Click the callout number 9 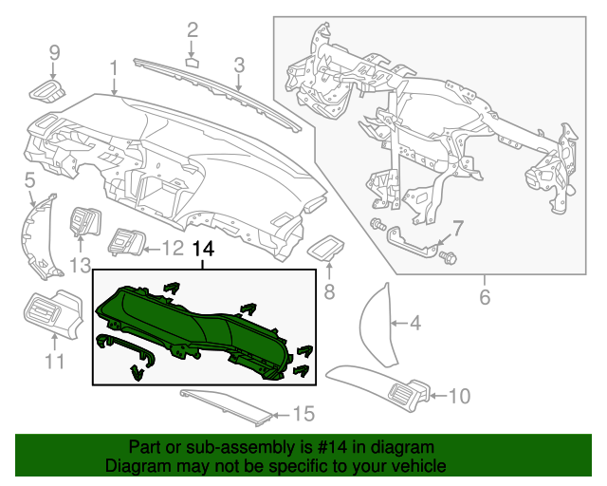[x=54, y=51]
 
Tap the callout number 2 [x=192, y=30]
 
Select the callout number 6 [x=485, y=297]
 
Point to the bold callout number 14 [x=203, y=250]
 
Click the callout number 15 [x=302, y=414]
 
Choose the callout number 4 [x=414, y=325]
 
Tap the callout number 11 [x=54, y=361]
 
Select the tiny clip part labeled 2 [x=192, y=63]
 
